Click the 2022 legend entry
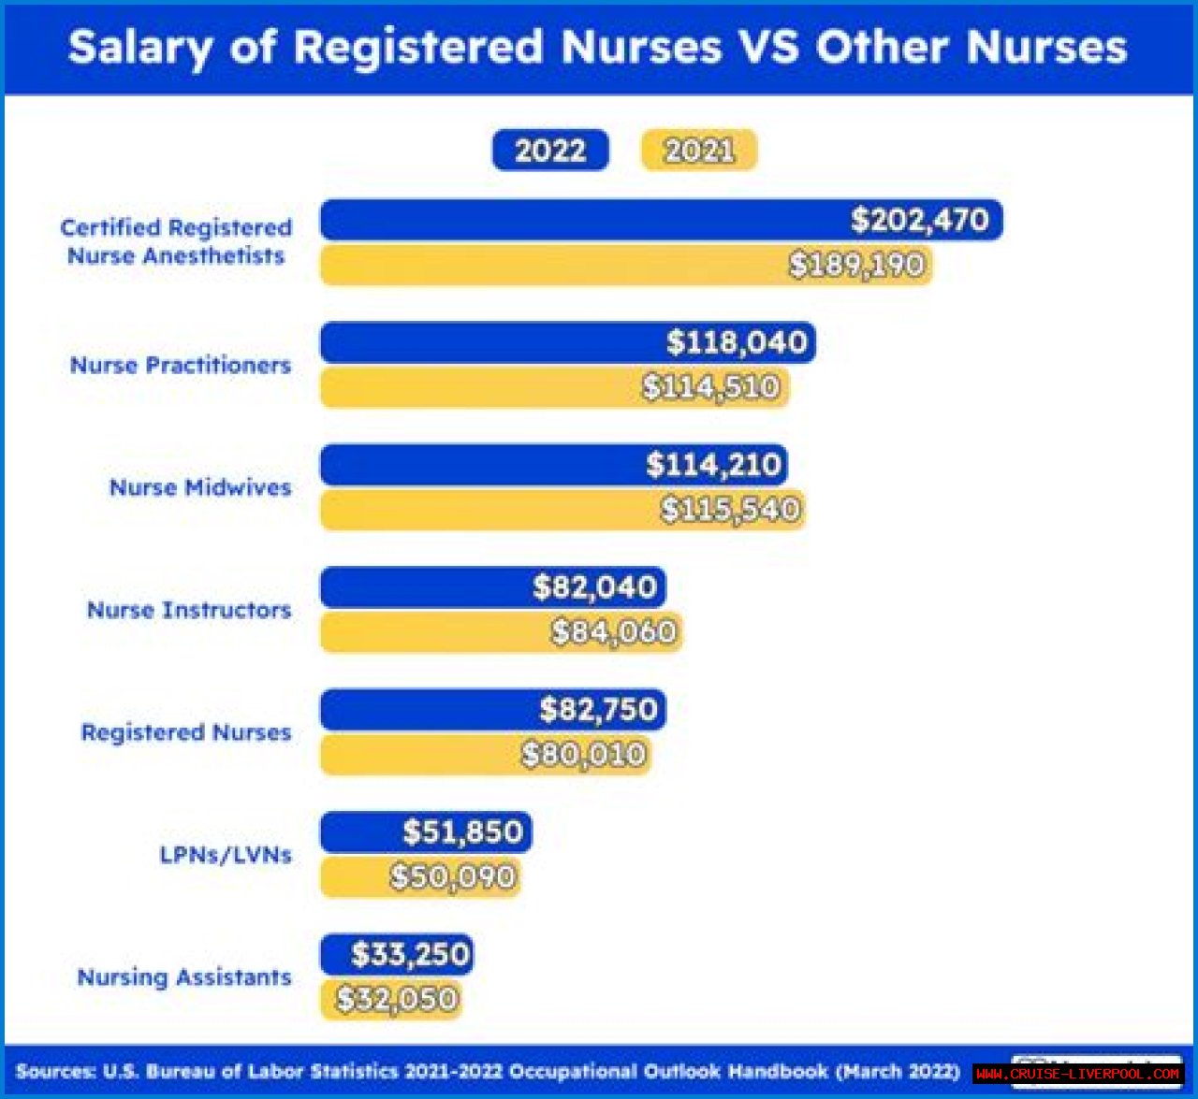tap(550, 151)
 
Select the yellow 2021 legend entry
tap(698, 151)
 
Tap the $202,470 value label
tap(919, 220)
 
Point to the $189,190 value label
tap(856, 265)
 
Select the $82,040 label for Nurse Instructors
tap(594, 587)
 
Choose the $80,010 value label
tap(584, 754)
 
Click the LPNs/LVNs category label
tap(226, 855)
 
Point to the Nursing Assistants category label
tap(184, 977)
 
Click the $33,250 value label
tap(410, 955)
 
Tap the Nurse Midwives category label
tap(200, 487)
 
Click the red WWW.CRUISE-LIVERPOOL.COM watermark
tap(1077, 1074)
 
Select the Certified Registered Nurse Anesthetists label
tap(176, 241)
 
